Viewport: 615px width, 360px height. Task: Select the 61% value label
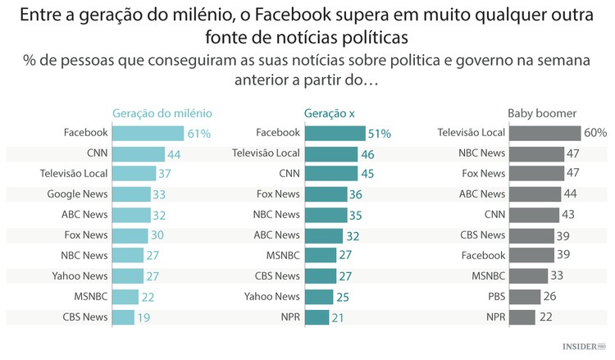(199, 133)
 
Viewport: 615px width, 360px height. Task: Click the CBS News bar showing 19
(122, 317)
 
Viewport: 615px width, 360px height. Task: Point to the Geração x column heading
(329, 113)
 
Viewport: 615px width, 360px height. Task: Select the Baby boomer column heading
(542, 113)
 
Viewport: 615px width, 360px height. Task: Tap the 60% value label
(594, 133)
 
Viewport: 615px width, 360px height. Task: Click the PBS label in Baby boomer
(494, 296)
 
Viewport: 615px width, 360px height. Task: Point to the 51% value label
(379, 133)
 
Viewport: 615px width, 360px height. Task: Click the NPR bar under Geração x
(317, 317)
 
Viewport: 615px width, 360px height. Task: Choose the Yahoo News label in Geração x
(272, 296)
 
